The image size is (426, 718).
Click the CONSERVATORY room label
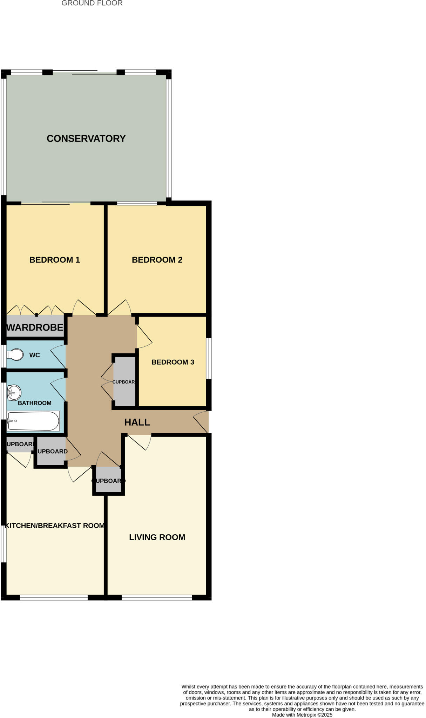pos(86,138)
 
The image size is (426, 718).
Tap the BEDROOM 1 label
pos(54,260)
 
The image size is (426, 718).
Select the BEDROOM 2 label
pos(157,260)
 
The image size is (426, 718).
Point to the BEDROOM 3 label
pos(173,362)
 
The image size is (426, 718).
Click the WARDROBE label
pos(35,327)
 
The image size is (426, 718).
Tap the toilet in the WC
pos(15,355)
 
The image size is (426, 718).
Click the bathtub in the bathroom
pos(33,421)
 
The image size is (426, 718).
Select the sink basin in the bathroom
pos(14,393)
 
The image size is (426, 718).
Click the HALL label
pos(137,422)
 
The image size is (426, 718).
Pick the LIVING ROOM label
pos(157,537)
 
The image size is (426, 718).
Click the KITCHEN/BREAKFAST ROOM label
pos(54,526)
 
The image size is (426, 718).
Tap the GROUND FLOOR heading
pos(92,4)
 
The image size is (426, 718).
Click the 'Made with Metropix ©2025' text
pos(302,715)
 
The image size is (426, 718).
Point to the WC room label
pos(34,355)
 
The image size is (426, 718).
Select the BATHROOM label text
pos(34,403)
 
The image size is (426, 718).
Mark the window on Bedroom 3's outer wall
pos(209,358)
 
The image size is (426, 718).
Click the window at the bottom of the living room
pos(157,598)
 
